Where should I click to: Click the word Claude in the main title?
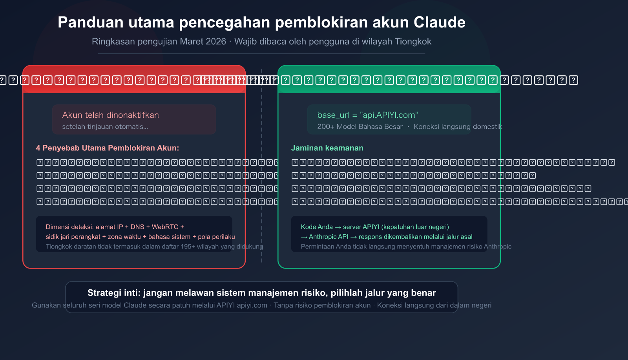pyautogui.click(x=439, y=22)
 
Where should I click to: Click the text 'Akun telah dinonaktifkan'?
pyautogui.click(x=110, y=115)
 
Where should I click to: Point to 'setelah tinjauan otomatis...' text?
pyautogui.click(x=105, y=126)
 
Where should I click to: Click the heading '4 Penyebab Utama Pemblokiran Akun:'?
pyautogui.click(x=107, y=148)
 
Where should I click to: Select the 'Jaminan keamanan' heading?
pyautogui.click(x=327, y=148)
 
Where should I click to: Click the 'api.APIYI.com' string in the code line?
pyautogui.click(x=389, y=115)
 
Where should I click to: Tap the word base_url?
pyautogui.click(x=333, y=115)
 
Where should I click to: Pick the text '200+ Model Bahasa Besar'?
pyautogui.click(x=360, y=126)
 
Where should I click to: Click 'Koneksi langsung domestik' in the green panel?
pyautogui.click(x=458, y=126)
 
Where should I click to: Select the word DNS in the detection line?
pyautogui.click(x=137, y=227)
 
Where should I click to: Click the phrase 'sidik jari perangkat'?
pyautogui.click(x=73, y=237)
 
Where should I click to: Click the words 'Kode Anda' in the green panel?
pyautogui.click(x=317, y=227)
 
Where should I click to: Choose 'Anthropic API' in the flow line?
pyautogui.click(x=329, y=237)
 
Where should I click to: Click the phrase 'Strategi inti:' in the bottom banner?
pyautogui.click(x=113, y=293)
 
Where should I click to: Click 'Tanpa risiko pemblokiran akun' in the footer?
pyautogui.click(x=322, y=305)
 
